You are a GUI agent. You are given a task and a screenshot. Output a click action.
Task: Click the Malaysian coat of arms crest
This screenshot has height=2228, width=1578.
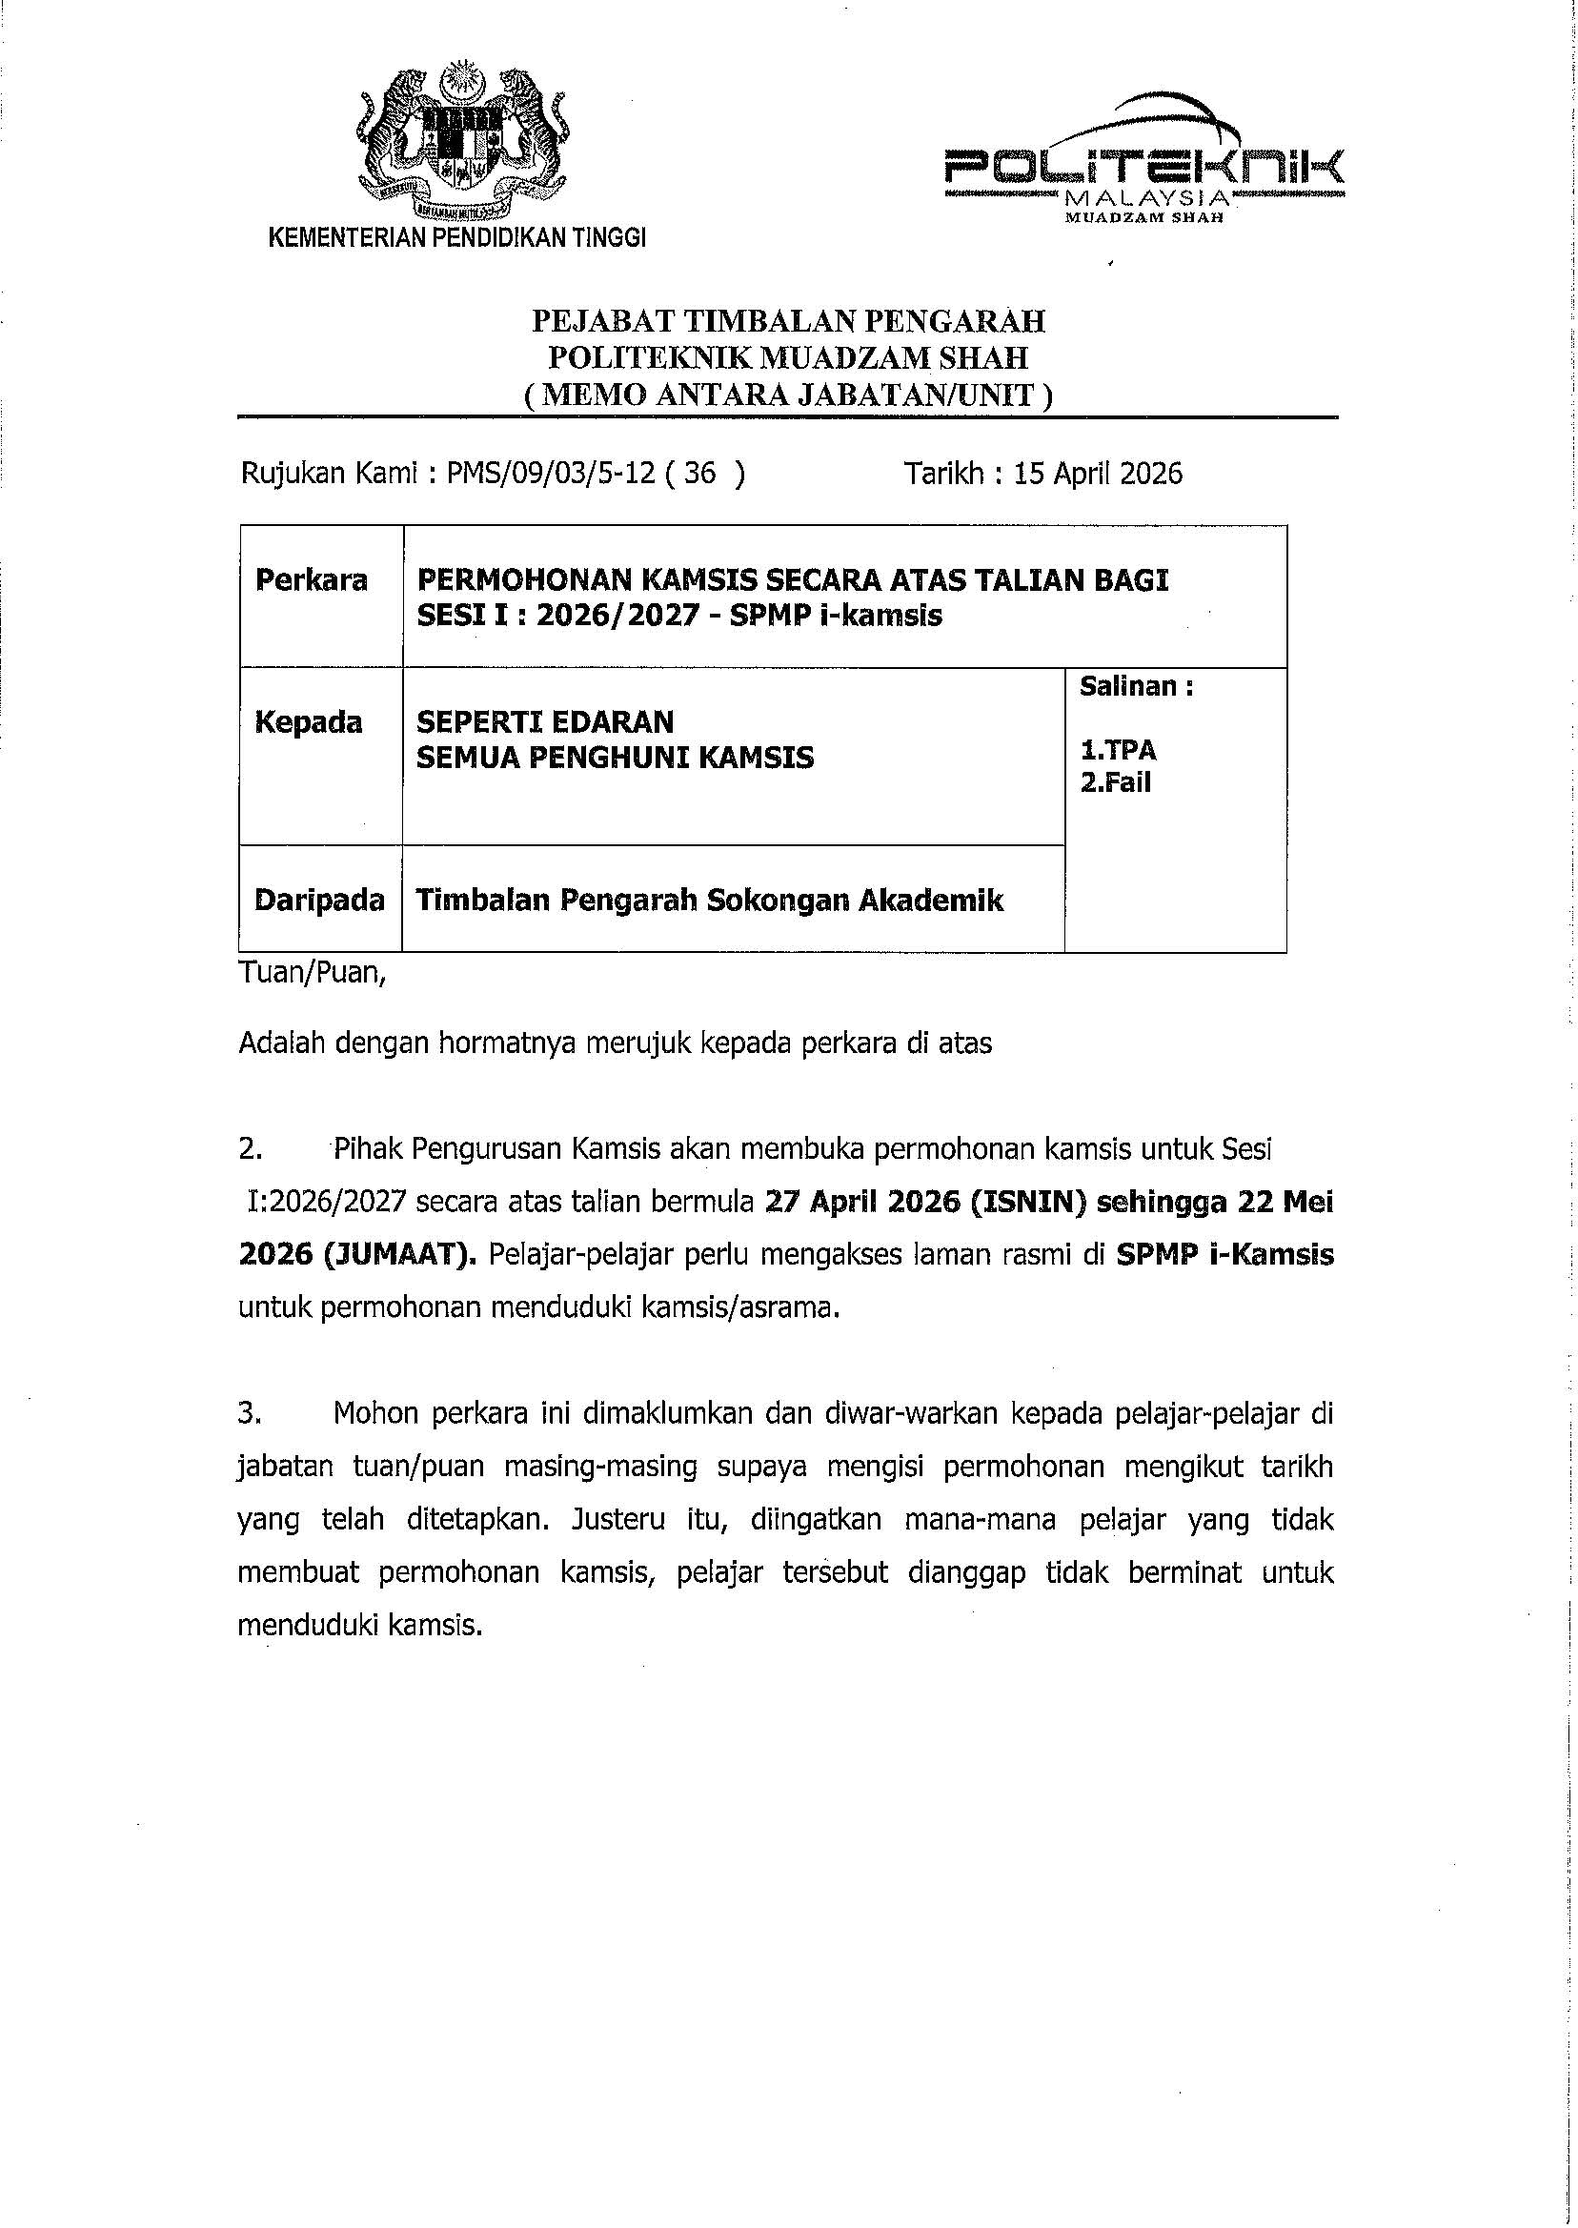point(456,138)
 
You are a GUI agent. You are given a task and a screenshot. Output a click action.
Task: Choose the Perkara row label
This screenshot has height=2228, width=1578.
point(311,580)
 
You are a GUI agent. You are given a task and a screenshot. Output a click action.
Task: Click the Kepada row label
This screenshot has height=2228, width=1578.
point(308,722)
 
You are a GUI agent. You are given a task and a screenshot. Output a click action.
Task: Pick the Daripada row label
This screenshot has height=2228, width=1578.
point(318,901)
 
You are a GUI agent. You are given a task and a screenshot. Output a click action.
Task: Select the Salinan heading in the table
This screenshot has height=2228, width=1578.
point(1136,687)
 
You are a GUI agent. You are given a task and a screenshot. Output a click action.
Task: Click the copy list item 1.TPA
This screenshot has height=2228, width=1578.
point(1119,751)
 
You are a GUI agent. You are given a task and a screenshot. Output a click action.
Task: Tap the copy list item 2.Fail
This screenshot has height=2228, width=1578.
point(1116,782)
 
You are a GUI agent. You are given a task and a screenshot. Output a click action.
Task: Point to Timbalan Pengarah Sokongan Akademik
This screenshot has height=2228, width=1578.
point(709,901)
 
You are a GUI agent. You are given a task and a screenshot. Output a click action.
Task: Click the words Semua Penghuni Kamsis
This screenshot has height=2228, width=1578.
point(615,757)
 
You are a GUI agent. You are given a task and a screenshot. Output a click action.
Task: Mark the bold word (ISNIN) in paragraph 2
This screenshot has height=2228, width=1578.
point(1022,1203)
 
